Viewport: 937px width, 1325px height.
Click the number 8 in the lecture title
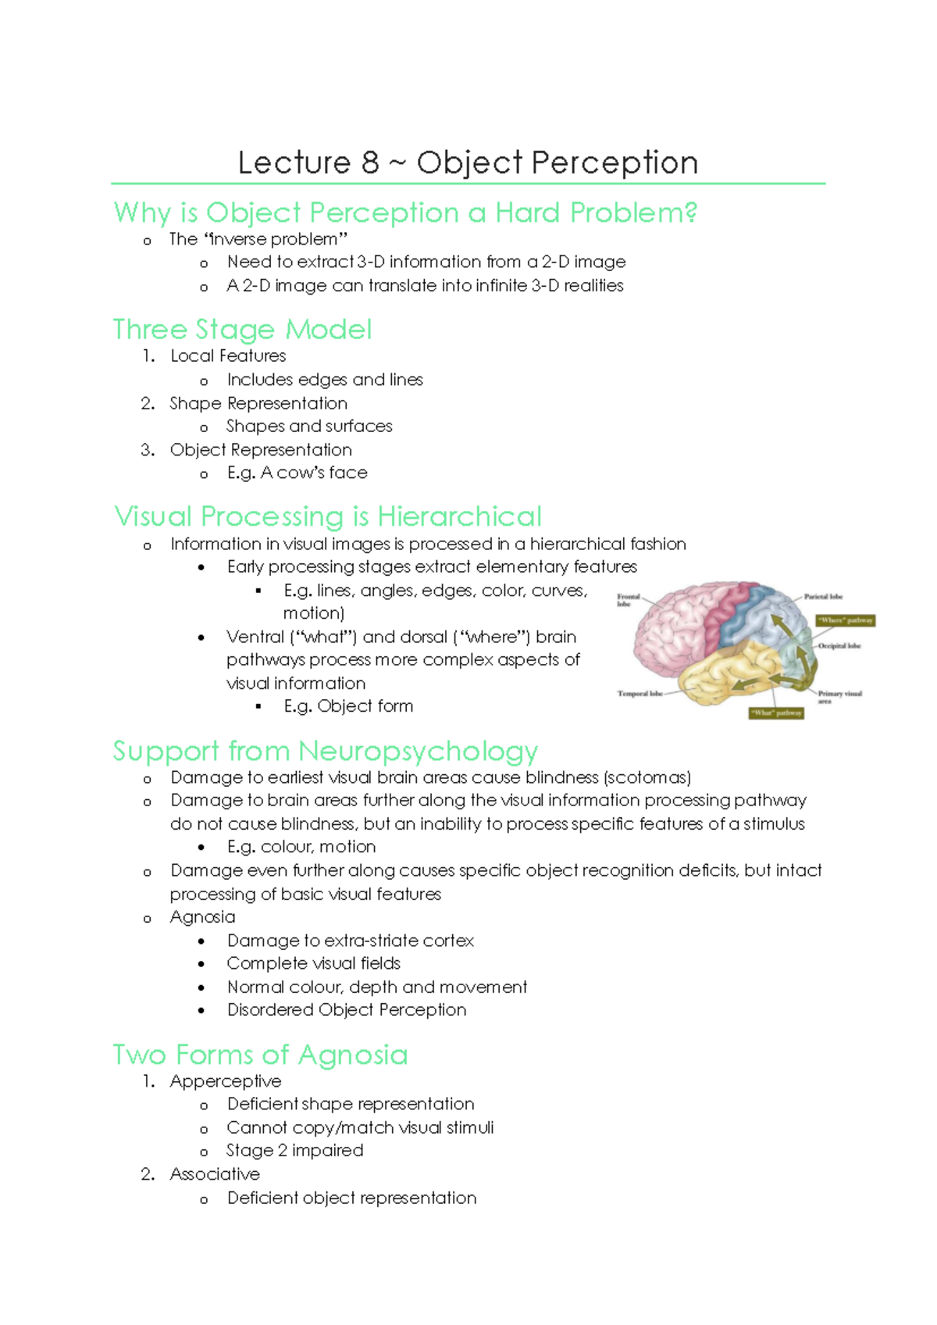pos(369,162)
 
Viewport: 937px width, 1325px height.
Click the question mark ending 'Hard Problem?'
pos(688,212)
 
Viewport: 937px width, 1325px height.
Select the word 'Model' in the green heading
pos(328,330)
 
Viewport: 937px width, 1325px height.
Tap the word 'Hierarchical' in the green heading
pos(459,516)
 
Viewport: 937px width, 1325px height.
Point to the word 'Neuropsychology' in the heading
pos(418,751)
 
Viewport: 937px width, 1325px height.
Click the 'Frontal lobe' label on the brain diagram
pos(628,600)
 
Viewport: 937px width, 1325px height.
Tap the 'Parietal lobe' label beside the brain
pos(823,597)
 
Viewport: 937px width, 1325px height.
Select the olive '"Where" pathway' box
pos(845,620)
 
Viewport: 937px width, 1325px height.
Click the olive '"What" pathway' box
pos(776,712)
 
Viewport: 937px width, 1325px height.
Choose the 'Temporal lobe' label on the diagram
pos(640,694)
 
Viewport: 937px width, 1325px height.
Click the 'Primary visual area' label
pos(839,696)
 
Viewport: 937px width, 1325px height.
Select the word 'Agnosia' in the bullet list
pos(202,917)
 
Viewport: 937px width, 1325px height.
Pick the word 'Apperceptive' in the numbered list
pos(226,1081)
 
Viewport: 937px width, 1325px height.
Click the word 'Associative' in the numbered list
pos(215,1174)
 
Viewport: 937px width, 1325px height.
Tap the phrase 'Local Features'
pos(228,356)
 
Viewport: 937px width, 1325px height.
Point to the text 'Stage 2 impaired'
pos(294,1151)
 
